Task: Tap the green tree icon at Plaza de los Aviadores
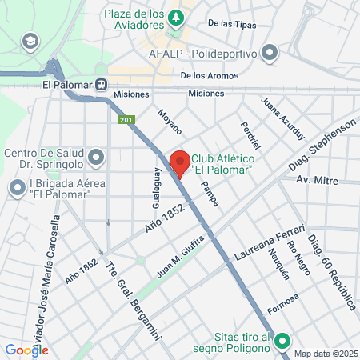point(175,16)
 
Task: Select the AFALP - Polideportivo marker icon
point(270,54)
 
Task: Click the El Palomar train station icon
point(101,83)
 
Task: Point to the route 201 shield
point(126,120)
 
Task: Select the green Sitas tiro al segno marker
point(282,343)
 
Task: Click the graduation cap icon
point(30,40)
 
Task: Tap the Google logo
point(26,350)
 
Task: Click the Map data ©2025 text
point(326,354)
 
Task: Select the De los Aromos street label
point(210,75)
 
